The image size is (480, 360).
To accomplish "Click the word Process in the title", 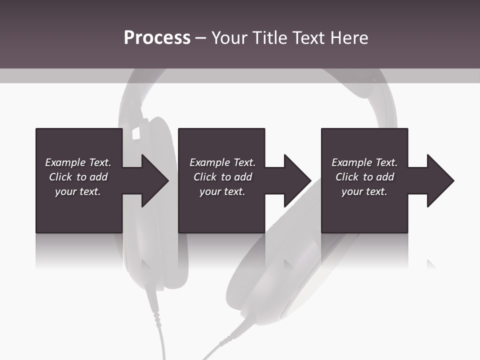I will click(157, 38).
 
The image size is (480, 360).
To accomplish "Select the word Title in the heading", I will click(270, 38).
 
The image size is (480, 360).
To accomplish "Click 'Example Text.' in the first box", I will click(78, 162).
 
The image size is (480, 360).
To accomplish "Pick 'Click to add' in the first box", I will click(78, 177).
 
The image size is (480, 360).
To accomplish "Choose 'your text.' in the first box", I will click(78, 191).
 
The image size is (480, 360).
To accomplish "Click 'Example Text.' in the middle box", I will click(222, 162).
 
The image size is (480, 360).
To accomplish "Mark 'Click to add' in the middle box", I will click(222, 177).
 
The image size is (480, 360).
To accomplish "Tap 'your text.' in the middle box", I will click(222, 191).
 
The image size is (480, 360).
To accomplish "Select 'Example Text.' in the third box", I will click(364, 162).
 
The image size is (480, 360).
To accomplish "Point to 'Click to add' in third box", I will click(364, 177).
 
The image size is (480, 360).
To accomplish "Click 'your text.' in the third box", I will click(364, 191).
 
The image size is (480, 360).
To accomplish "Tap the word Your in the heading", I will click(230, 38).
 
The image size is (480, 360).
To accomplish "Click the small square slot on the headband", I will click(135, 133).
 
